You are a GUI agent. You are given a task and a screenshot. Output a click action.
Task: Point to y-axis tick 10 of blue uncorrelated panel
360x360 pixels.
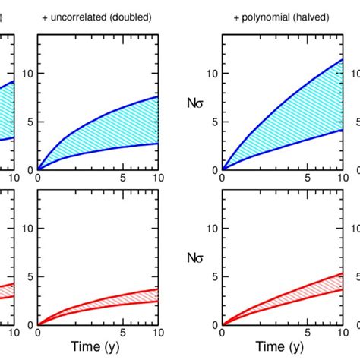[28, 73]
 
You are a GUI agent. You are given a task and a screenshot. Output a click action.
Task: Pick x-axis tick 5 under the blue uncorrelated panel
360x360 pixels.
[124, 178]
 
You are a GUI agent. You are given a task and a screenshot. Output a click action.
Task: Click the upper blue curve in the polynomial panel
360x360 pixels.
[289, 102]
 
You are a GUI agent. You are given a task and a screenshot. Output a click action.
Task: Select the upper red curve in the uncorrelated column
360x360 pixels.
[99, 302]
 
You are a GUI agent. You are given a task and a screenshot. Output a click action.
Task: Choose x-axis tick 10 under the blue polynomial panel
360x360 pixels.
[341, 178]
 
